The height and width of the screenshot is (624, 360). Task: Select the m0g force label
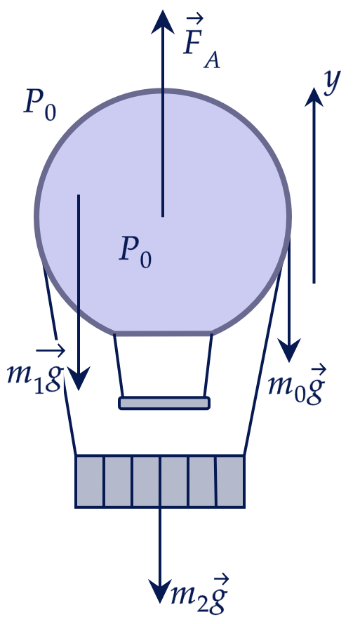point(297,385)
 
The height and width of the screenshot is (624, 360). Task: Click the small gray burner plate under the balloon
point(164,403)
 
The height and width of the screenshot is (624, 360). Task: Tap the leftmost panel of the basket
point(90,481)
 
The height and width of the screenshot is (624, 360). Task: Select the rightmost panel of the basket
point(230,481)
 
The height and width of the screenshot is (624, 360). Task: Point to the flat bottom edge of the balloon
point(163,333)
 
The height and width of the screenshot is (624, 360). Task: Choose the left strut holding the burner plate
point(119,365)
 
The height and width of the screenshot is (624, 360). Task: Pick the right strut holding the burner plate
point(208,365)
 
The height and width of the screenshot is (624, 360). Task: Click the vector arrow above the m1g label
point(51,350)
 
